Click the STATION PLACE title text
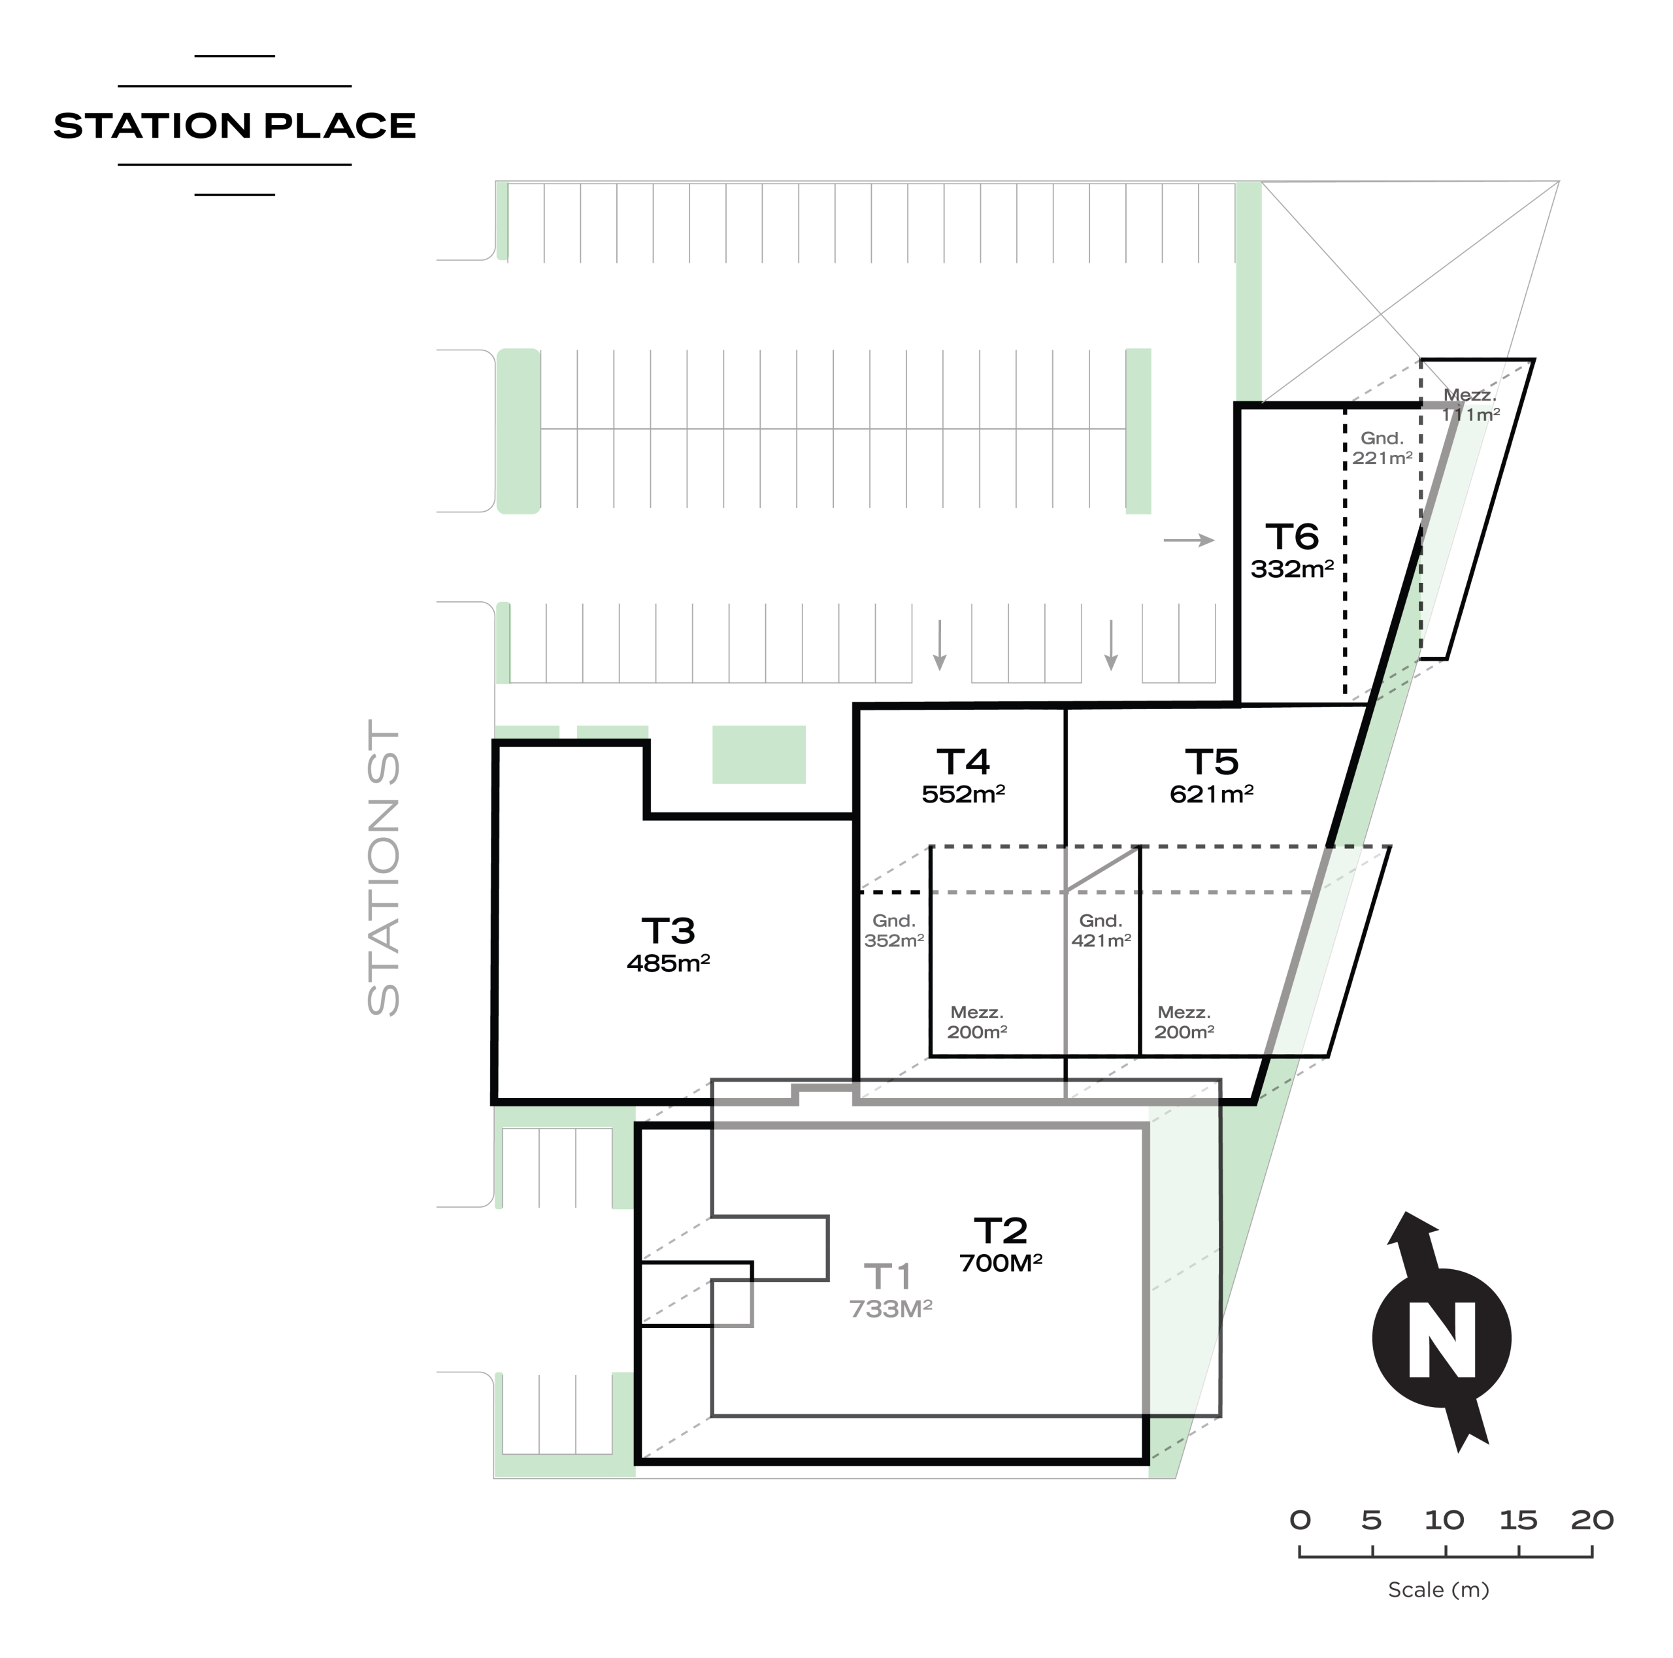pyautogui.click(x=235, y=125)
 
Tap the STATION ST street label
pyautogui.click(x=384, y=867)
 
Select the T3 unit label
pyautogui.click(x=669, y=931)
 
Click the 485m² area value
pyautogui.click(x=669, y=963)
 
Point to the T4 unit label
pyautogui.click(x=963, y=762)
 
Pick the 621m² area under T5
pyautogui.click(x=1212, y=793)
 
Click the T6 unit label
pyautogui.click(x=1292, y=537)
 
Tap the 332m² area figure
pyautogui.click(x=1292, y=569)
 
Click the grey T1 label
pyautogui.click(x=889, y=1277)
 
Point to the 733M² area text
pyautogui.click(x=890, y=1309)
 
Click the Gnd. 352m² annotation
pyautogui.click(x=893, y=931)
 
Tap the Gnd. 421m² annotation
pyautogui.click(x=1101, y=931)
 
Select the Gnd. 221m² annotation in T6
pyautogui.click(x=1382, y=448)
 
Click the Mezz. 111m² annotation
pyautogui.click(x=1470, y=405)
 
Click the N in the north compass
pyautogui.click(x=1442, y=1339)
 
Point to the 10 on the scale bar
pyautogui.click(x=1444, y=1519)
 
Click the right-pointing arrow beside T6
pyautogui.click(x=1189, y=540)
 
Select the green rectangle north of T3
pyautogui.click(x=759, y=755)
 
